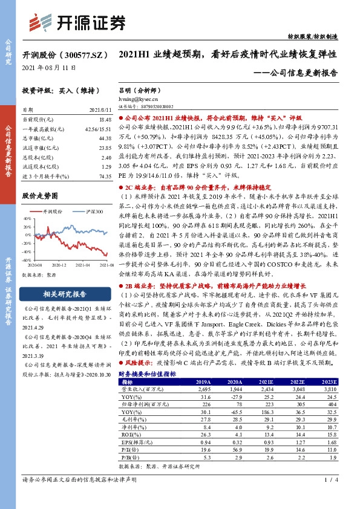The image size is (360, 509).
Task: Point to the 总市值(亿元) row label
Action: coord(36,138)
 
